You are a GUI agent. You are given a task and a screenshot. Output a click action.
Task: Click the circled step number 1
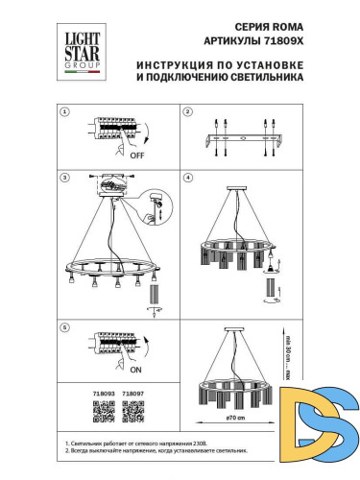click(65, 111)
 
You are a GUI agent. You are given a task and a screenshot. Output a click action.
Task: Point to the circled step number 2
click(188, 111)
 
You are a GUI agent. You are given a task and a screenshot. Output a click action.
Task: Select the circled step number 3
click(65, 178)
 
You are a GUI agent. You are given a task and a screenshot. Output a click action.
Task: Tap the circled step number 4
click(188, 178)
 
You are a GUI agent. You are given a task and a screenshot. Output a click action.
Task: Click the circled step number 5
click(65, 326)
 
